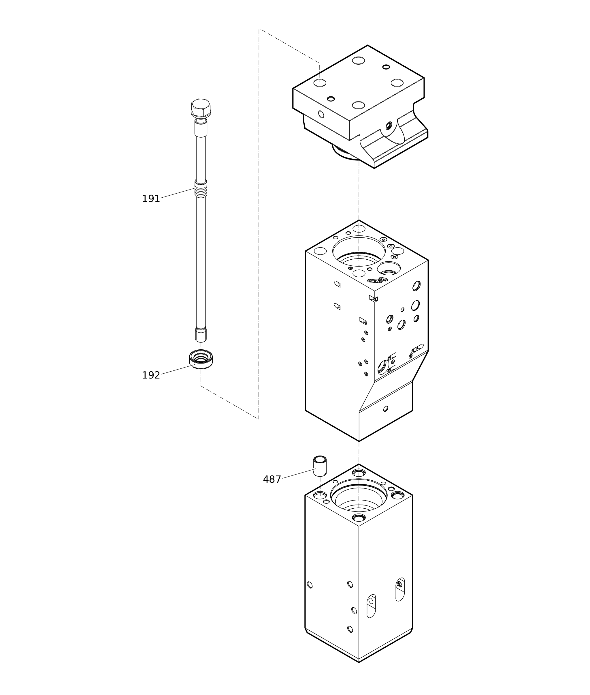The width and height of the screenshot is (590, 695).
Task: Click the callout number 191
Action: pyautogui.click(x=151, y=199)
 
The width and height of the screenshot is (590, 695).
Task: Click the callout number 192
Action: pyautogui.click(x=151, y=375)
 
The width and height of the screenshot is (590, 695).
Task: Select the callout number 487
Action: pyautogui.click(x=272, y=479)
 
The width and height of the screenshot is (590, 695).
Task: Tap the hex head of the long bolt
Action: pyautogui.click(x=201, y=108)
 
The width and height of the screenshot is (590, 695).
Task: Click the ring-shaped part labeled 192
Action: pyautogui.click(x=201, y=359)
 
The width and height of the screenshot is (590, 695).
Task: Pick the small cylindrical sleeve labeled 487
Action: pyautogui.click(x=320, y=466)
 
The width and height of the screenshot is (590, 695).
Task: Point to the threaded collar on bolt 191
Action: pyautogui.click(x=201, y=188)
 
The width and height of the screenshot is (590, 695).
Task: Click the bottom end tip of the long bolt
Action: pyautogui.click(x=201, y=342)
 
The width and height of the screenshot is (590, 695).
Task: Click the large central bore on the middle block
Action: pyautogui.click(x=359, y=251)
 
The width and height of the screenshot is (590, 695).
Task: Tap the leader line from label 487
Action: pyautogui.click(x=299, y=473)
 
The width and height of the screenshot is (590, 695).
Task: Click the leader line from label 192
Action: pyautogui.click(x=178, y=369)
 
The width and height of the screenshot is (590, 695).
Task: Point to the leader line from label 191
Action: pyautogui.click(x=178, y=193)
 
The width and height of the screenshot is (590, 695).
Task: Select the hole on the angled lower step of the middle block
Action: pyautogui.click(x=386, y=409)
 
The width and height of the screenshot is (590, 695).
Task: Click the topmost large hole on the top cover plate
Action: pyautogui.click(x=359, y=61)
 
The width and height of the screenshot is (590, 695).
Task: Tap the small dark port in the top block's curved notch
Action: pyautogui.click(x=389, y=126)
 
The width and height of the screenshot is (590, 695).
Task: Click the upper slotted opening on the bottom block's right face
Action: pyautogui.click(x=400, y=589)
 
